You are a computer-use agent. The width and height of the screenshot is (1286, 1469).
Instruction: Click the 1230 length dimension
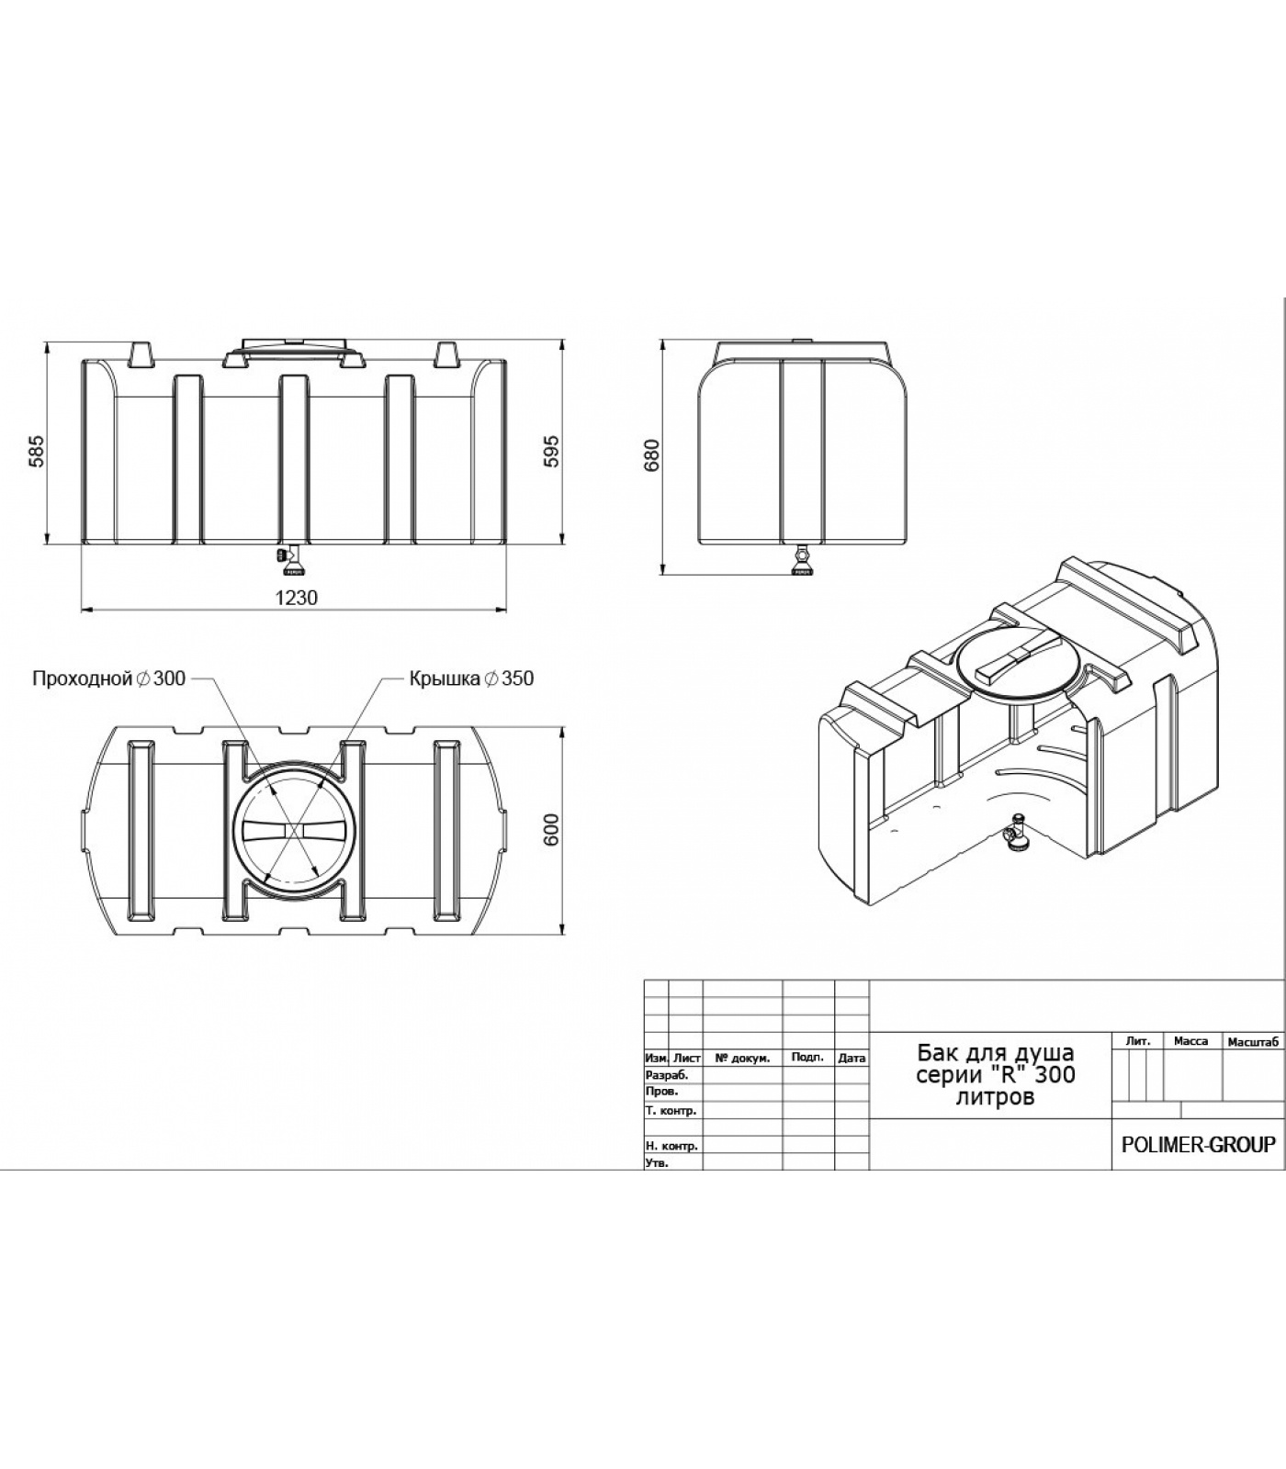click(296, 598)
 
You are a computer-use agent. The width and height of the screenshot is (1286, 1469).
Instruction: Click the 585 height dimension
click(36, 452)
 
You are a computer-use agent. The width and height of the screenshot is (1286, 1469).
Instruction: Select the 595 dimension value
click(551, 452)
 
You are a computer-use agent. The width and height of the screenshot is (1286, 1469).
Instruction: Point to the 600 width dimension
click(551, 831)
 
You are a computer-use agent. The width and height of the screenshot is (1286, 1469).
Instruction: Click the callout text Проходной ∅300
click(108, 678)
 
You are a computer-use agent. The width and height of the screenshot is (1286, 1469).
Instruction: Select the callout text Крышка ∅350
click(471, 678)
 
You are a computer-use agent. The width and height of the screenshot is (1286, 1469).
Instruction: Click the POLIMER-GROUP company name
click(1199, 1145)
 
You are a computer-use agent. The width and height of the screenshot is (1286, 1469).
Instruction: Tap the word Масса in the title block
click(1190, 1041)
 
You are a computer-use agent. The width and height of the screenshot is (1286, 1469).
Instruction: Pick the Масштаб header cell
click(1253, 1041)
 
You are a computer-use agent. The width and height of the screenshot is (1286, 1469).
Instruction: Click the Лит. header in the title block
click(1137, 1041)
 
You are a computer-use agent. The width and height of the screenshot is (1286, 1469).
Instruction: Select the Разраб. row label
click(667, 1074)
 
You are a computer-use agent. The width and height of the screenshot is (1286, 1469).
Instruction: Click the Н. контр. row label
click(671, 1146)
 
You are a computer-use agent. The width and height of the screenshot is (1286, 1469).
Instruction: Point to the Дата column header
click(852, 1058)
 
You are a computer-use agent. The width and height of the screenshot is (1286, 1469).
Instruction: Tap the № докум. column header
click(742, 1058)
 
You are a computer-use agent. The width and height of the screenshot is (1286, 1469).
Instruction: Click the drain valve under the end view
click(804, 559)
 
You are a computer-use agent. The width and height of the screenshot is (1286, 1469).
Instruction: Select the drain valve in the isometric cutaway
click(1016, 833)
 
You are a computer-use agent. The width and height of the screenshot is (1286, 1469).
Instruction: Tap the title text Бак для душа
click(996, 1052)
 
